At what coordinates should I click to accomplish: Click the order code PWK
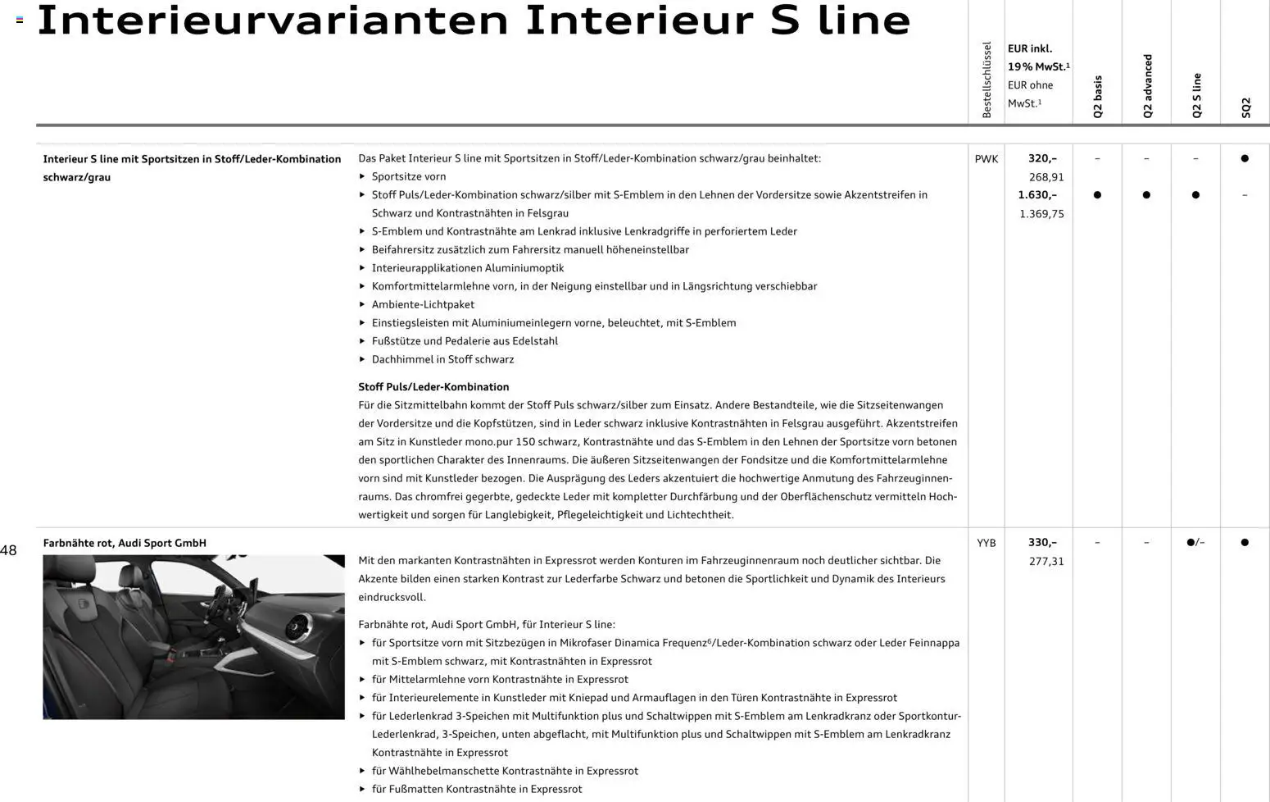pyautogui.click(x=986, y=159)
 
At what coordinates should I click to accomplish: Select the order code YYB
pyautogui.click(x=986, y=543)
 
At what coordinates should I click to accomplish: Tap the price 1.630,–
pyautogui.click(x=1037, y=195)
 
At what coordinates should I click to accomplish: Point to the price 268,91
pyautogui.click(x=1045, y=177)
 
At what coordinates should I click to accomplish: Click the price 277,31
pyautogui.click(x=1045, y=562)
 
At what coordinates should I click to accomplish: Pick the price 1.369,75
pyautogui.click(x=1041, y=214)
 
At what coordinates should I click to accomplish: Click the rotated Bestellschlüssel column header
pyautogui.click(x=987, y=80)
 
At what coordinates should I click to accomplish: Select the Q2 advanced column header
pyautogui.click(x=1147, y=86)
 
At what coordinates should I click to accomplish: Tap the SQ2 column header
pyautogui.click(x=1245, y=107)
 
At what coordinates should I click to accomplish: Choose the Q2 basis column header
pyautogui.click(x=1098, y=97)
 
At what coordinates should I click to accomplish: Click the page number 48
pyautogui.click(x=8, y=551)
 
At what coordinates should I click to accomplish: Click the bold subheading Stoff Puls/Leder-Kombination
pyautogui.click(x=433, y=387)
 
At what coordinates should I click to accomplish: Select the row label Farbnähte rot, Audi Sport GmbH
pyautogui.click(x=125, y=543)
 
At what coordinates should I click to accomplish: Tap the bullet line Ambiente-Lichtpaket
pyautogui.click(x=423, y=304)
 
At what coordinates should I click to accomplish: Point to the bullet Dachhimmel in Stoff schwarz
pyautogui.click(x=442, y=359)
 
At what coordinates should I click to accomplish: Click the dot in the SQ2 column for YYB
pyautogui.click(x=1245, y=543)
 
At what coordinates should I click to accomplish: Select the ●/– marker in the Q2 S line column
pyautogui.click(x=1195, y=543)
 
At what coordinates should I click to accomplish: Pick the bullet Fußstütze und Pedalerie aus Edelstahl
pyautogui.click(x=465, y=341)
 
